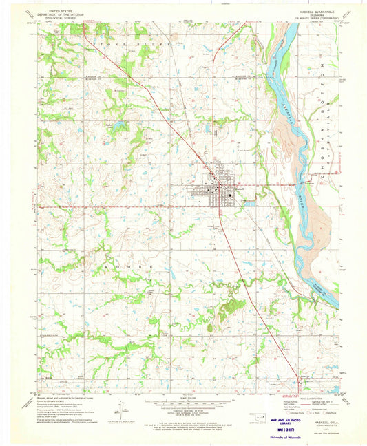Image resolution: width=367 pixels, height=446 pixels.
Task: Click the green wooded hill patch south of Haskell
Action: pos(224,310)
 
